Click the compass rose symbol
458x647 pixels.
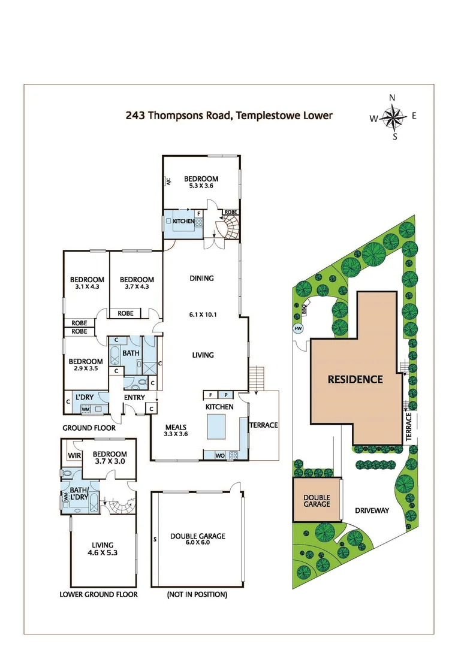tap(393, 117)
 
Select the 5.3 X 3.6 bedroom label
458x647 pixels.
tap(200, 182)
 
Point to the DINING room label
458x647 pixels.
tap(201, 279)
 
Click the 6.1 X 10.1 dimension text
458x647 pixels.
tap(201, 315)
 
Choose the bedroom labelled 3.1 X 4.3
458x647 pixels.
tap(87, 283)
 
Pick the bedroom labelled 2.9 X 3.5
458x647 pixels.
tap(85, 365)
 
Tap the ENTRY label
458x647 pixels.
tap(135, 398)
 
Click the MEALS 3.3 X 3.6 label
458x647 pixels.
tap(177, 431)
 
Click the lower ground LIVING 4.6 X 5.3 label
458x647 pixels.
tap(103, 549)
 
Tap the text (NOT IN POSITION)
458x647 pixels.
tap(197, 595)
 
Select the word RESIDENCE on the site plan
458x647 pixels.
tap(355, 379)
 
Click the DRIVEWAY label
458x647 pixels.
tap(372, 511)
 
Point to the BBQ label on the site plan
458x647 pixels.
tap(304, 309)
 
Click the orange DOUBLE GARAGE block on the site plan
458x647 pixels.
tap(317, 500)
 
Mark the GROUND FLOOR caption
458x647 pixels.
tap(89, 428)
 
